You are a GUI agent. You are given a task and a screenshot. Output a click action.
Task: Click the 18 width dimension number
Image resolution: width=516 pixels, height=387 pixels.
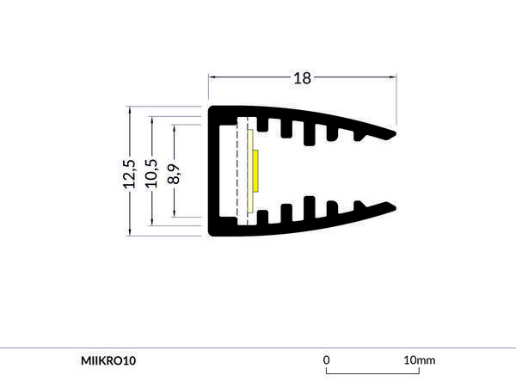(302, 78)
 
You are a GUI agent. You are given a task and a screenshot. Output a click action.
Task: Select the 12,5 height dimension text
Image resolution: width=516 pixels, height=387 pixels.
(129, 173)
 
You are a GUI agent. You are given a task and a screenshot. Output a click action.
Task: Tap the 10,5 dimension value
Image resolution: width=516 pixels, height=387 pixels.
(151, 173)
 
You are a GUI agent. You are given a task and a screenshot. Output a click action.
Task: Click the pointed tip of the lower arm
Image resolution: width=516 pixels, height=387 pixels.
(395, 208)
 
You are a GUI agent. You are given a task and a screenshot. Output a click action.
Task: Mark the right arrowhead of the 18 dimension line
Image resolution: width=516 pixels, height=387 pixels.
(393, 78)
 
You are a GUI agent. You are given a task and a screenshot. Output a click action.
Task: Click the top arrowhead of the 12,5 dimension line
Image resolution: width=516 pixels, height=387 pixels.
(129, 110)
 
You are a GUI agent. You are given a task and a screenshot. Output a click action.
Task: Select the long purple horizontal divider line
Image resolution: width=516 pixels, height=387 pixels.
(258, 347)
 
